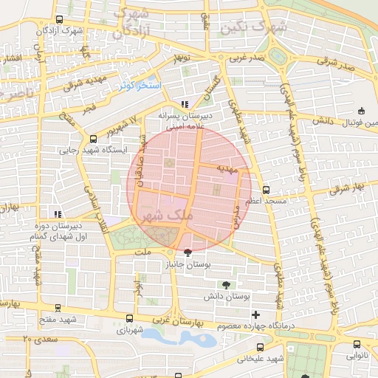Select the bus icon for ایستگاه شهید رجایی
tap(93, 138)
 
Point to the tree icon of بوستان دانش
tap(226, 285)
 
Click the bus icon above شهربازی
tap(120, 320)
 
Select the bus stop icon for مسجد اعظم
tap(266, 190)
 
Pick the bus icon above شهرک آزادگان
tap(60, 20)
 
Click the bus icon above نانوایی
tap(357, 344)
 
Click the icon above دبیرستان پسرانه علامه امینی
tap(185, 105)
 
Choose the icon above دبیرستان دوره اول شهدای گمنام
tap(58, 214)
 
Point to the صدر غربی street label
tap(245, 57)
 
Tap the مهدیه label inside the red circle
tap(225, 169)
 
